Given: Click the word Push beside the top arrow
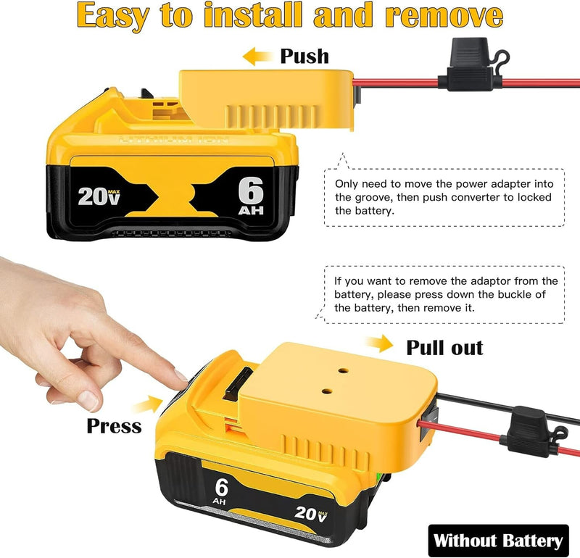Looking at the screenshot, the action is pyautogui.click(x=304, y=57).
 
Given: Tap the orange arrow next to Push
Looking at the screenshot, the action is pyautogui.click(x=257, y=57).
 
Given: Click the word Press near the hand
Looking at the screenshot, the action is pyautogui.click(x=114, y=426).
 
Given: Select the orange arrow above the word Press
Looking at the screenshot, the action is pyautogui.click(x=149, y=404).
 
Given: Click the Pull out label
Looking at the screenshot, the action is pyautogui.click(x=444, y=348).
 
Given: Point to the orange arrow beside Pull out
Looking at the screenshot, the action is pyautogui.click(x=379, y=344).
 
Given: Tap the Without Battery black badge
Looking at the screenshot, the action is pyautogui.click(x=498, y=541).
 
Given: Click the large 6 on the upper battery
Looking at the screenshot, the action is pyautogui.click(x=251, y=191).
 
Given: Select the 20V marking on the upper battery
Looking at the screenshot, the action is pyautogui.click(x=99, y=196).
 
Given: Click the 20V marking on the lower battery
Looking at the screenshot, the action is pyautogui.click(x=311, y=513).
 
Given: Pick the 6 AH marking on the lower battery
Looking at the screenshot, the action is pyautogui.click(x=220, y=491).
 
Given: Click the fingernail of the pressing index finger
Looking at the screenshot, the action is pyautogui.click(x=181, y=375).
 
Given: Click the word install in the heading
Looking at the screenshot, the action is pyautogui.click(x=253, y=15).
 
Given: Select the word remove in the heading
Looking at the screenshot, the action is pyautogui.click(x=444, y=17).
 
